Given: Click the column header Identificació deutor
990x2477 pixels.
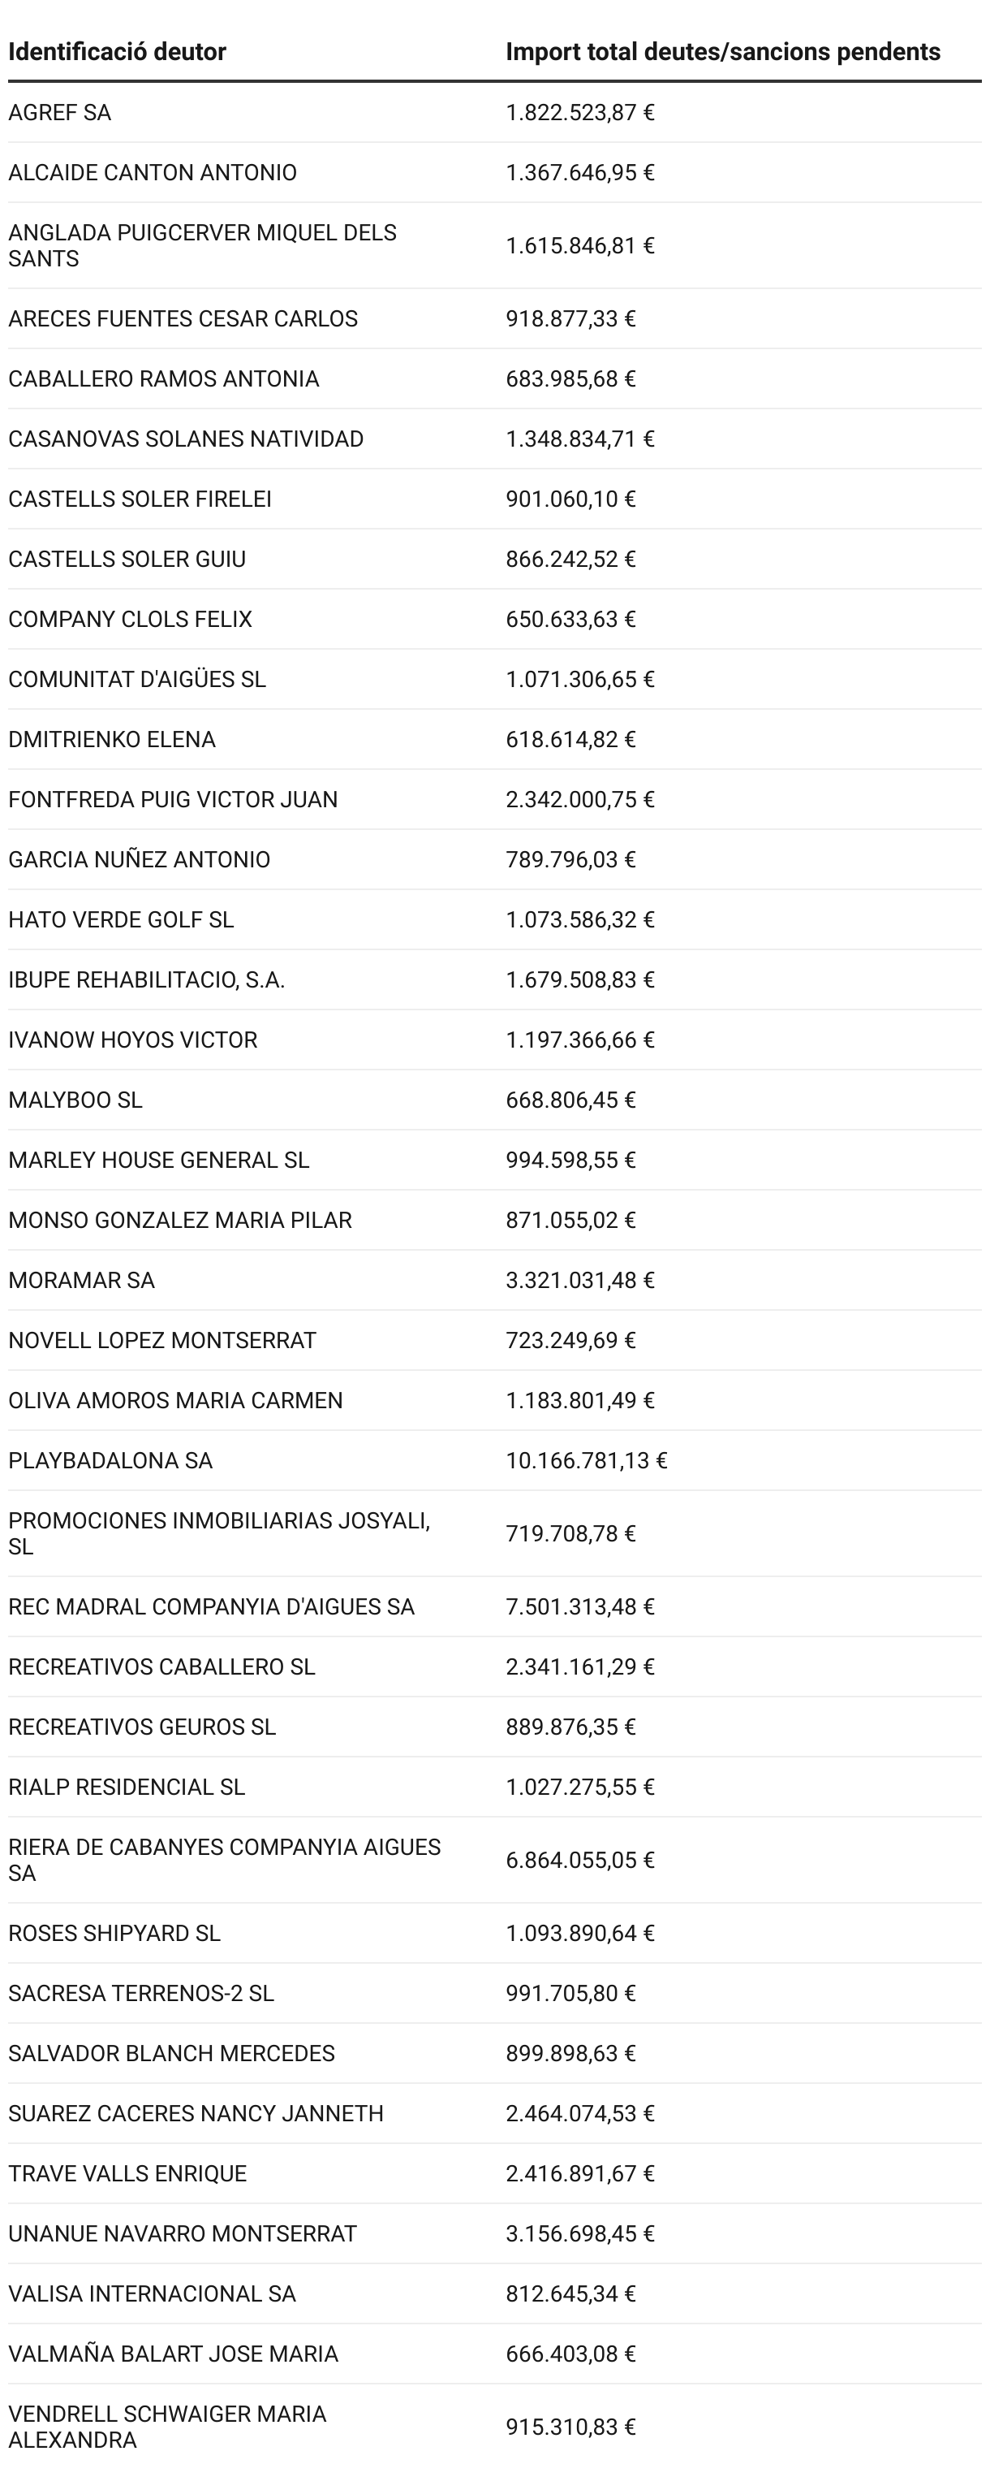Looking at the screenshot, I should click(118, 52).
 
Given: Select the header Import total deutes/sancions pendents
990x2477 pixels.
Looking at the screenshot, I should click(723, 52).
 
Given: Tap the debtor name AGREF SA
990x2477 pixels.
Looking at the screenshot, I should click(59, 113).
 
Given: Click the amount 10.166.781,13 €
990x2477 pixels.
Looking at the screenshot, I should click(587, 1461).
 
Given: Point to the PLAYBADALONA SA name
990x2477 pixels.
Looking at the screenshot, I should click(110, 1461).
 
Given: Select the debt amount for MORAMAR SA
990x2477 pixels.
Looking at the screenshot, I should click(579, 1280).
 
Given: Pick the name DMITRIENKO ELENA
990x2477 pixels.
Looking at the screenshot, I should click(111, 740).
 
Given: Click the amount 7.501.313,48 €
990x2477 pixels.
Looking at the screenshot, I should click(579, 1606).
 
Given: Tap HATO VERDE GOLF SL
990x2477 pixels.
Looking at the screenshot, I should click(121, 919).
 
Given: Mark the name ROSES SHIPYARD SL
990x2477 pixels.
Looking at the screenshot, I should click(114, 1933).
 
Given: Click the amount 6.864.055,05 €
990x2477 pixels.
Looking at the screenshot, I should click(579, 1860).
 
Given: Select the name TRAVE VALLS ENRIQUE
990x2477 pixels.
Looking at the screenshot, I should click(128, 2173).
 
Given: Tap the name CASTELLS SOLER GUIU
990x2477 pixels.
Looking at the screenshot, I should click(127, 559).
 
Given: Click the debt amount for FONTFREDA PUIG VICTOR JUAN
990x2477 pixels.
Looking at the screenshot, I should click(579, 799).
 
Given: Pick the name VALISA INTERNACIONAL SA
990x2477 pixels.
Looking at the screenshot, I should click(152, 2293).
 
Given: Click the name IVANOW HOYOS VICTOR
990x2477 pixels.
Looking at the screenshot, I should click(132, 1040).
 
